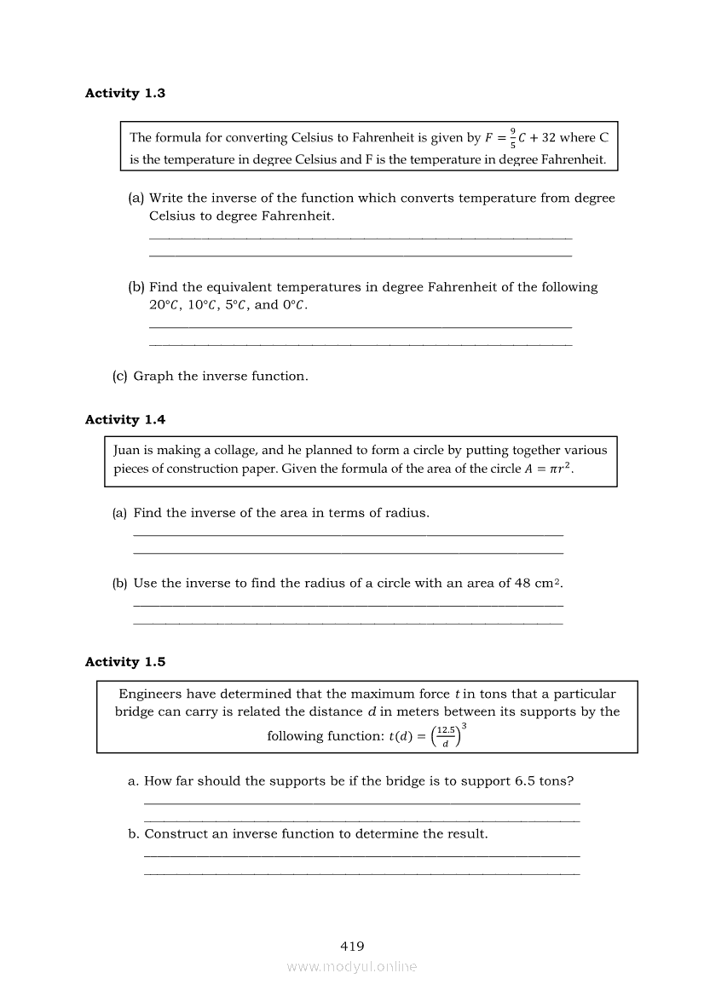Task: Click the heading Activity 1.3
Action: (x=125, y=94)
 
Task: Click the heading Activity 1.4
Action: (x=125, y=420)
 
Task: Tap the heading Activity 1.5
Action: (x=125, y=662)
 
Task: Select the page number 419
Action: (x=352, y=946)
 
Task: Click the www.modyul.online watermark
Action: (x=352, y=966)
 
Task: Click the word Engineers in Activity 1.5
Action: (x=150, y=694)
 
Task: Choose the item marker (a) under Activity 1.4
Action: (x=120, y=513)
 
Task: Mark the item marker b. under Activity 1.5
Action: (x=134, y=834)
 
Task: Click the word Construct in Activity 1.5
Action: (x=176, y=834)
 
